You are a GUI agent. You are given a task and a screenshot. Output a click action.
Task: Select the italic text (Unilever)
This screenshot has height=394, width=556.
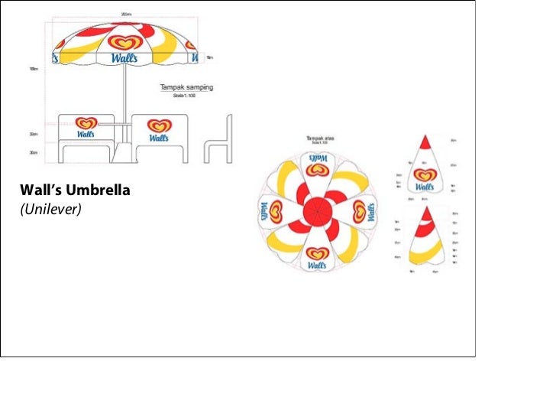click(50, 207)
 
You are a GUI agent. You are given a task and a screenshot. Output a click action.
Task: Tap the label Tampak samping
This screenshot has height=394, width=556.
click(186, 88)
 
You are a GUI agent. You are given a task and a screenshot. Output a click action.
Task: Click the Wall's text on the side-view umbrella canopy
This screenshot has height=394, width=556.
click(123, 59)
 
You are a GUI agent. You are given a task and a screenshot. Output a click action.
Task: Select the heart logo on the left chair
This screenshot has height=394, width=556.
click(88, 122)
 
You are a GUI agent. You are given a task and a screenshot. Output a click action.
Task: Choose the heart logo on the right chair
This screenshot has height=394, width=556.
click(159, 125)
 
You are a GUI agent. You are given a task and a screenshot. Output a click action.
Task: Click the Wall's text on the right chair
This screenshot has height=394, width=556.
click(159, 138)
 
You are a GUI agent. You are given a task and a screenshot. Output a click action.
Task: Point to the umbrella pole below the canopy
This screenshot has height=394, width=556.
click(123, 96)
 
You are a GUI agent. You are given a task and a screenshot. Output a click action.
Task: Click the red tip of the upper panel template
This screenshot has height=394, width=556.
click(425, 142)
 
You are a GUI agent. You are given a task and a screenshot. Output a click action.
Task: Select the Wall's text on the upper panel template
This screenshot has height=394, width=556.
click(425, 186)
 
